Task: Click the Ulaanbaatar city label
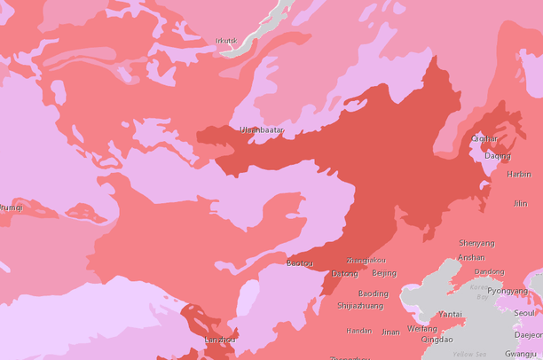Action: click(262, 130)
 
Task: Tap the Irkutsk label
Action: click(226, 40)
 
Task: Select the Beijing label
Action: click(384, 273)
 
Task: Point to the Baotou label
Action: click(300, 263)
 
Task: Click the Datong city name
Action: click(344, 274)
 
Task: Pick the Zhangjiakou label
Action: click(366, 261)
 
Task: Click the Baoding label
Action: click(373, 293)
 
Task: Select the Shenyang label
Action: click(476, 243)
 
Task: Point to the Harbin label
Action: click(518, 175)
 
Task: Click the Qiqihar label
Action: click(484, 138)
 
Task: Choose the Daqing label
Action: click(497, 156)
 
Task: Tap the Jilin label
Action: click(520, 203)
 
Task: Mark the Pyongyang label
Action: click(508, 291)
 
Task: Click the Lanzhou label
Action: click(221, 340)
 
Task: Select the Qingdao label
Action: click(437, 339)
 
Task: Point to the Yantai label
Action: click(450, 314)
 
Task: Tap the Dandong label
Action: click(489, 272)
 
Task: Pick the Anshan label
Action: click(471, 258)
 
